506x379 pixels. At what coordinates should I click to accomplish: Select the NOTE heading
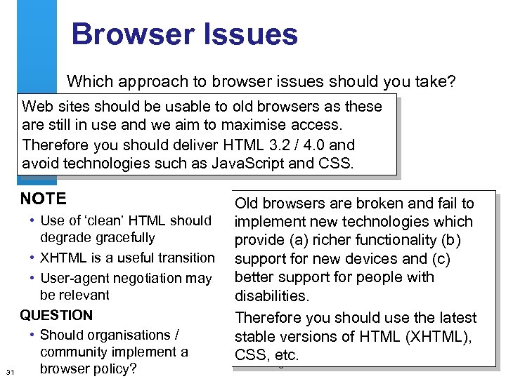(44, 199)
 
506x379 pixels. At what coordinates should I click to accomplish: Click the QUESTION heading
(56, 315)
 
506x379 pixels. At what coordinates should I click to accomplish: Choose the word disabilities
(272, 295)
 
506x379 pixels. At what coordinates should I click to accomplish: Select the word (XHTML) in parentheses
(440, 337)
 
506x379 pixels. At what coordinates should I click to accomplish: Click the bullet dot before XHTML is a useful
(34, 258)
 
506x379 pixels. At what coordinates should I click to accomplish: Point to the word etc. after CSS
(285, 355)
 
